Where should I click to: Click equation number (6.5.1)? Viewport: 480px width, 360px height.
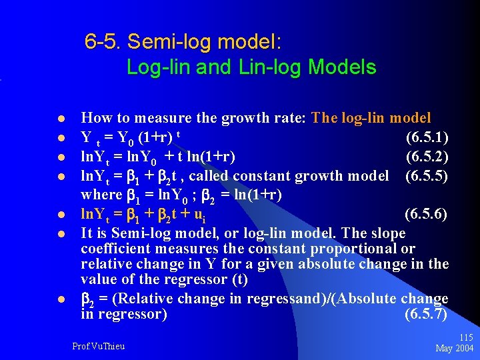click(x=427, y=138)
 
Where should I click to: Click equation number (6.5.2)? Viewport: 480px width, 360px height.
click(x=427, y=157)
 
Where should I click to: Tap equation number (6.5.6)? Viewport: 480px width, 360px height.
click(x=427, y=215)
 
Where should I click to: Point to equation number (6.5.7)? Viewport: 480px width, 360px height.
click(x=426, y=314)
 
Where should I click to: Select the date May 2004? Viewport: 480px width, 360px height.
click(x=454, y=349)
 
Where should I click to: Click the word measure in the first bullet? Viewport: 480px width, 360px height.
click(x=159, y=119)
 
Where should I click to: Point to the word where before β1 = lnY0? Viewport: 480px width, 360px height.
click(x=100, y=195)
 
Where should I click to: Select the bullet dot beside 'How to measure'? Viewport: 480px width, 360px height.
click(x=61, y=119)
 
